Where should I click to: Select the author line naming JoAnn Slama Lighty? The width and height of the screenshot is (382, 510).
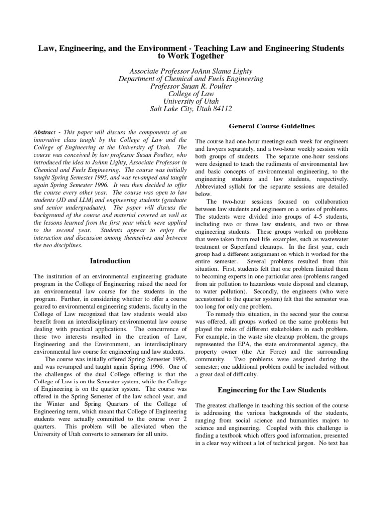pyautogui.click(x=191, y=70)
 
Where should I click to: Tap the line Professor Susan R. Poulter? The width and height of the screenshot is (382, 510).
pyautogui.click(x=191, y=86)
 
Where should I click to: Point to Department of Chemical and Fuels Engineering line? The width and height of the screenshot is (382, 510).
pyautogui.click(x=191, y=78)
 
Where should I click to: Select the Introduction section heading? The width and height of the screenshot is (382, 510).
pyautogui.click(x=110, y=261)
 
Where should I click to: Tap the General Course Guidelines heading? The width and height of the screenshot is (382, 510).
pyautogui.click(x=273, y=126)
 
